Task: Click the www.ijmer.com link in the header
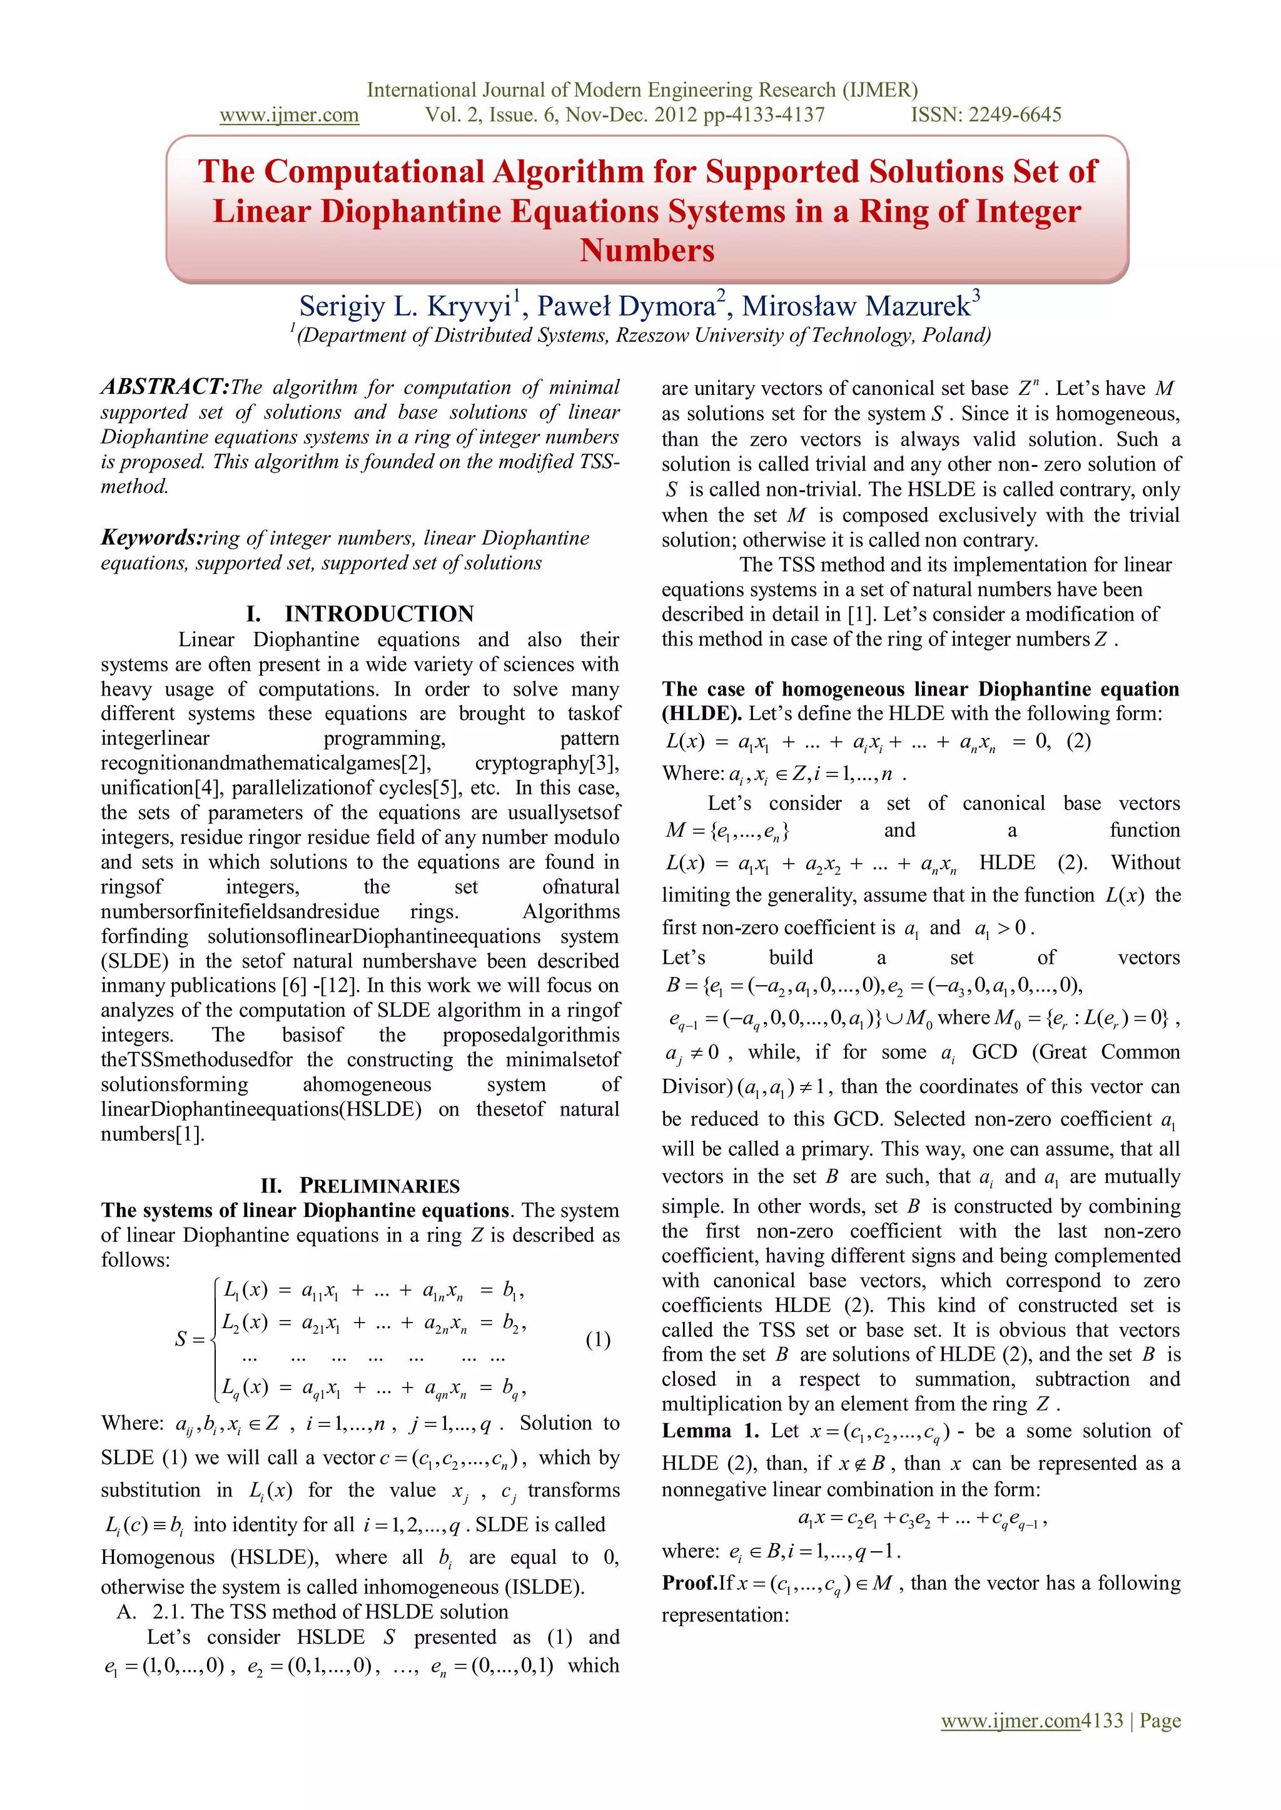pyautogui.click(x=289, y=115)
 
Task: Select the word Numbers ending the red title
pyautogui.click(x=647, y=251)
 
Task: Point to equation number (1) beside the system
pyautogui.click(x=598, y=1339)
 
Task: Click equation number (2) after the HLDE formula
pyautogui.click(x=1078, y=741)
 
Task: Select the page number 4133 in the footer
pyautogui.click(x=1102, y=1720)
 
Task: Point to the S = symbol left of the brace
pyautogui.click(x=190, y=1339)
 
